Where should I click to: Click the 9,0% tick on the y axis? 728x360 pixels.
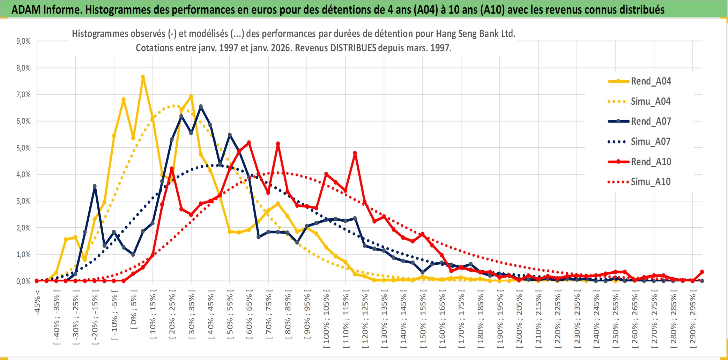point(23,41)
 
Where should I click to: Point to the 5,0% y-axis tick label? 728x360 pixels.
point(23,148)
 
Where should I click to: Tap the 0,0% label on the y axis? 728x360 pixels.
point(23,281)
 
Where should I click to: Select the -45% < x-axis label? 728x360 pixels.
point(37,302)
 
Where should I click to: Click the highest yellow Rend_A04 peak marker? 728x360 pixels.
point(143,77)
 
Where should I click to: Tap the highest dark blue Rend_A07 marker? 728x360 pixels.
point(201,106)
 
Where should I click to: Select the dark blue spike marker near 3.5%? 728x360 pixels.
point(95,186)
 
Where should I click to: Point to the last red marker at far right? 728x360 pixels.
point(702,272)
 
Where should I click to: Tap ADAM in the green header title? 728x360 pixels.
point(26,10)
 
